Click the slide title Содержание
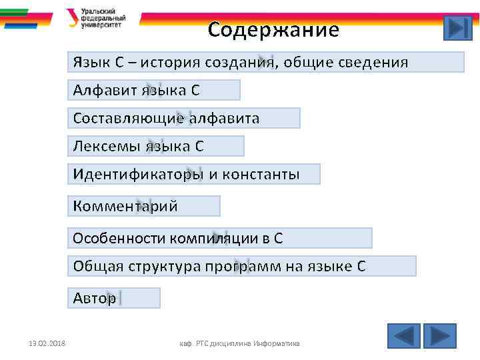(273, 30)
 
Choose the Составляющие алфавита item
(184, 118)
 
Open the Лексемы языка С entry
(157, 146)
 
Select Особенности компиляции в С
(221, 238)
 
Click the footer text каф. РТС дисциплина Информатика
(240, 343)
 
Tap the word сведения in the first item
(373, 63)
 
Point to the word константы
(261, 175)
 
